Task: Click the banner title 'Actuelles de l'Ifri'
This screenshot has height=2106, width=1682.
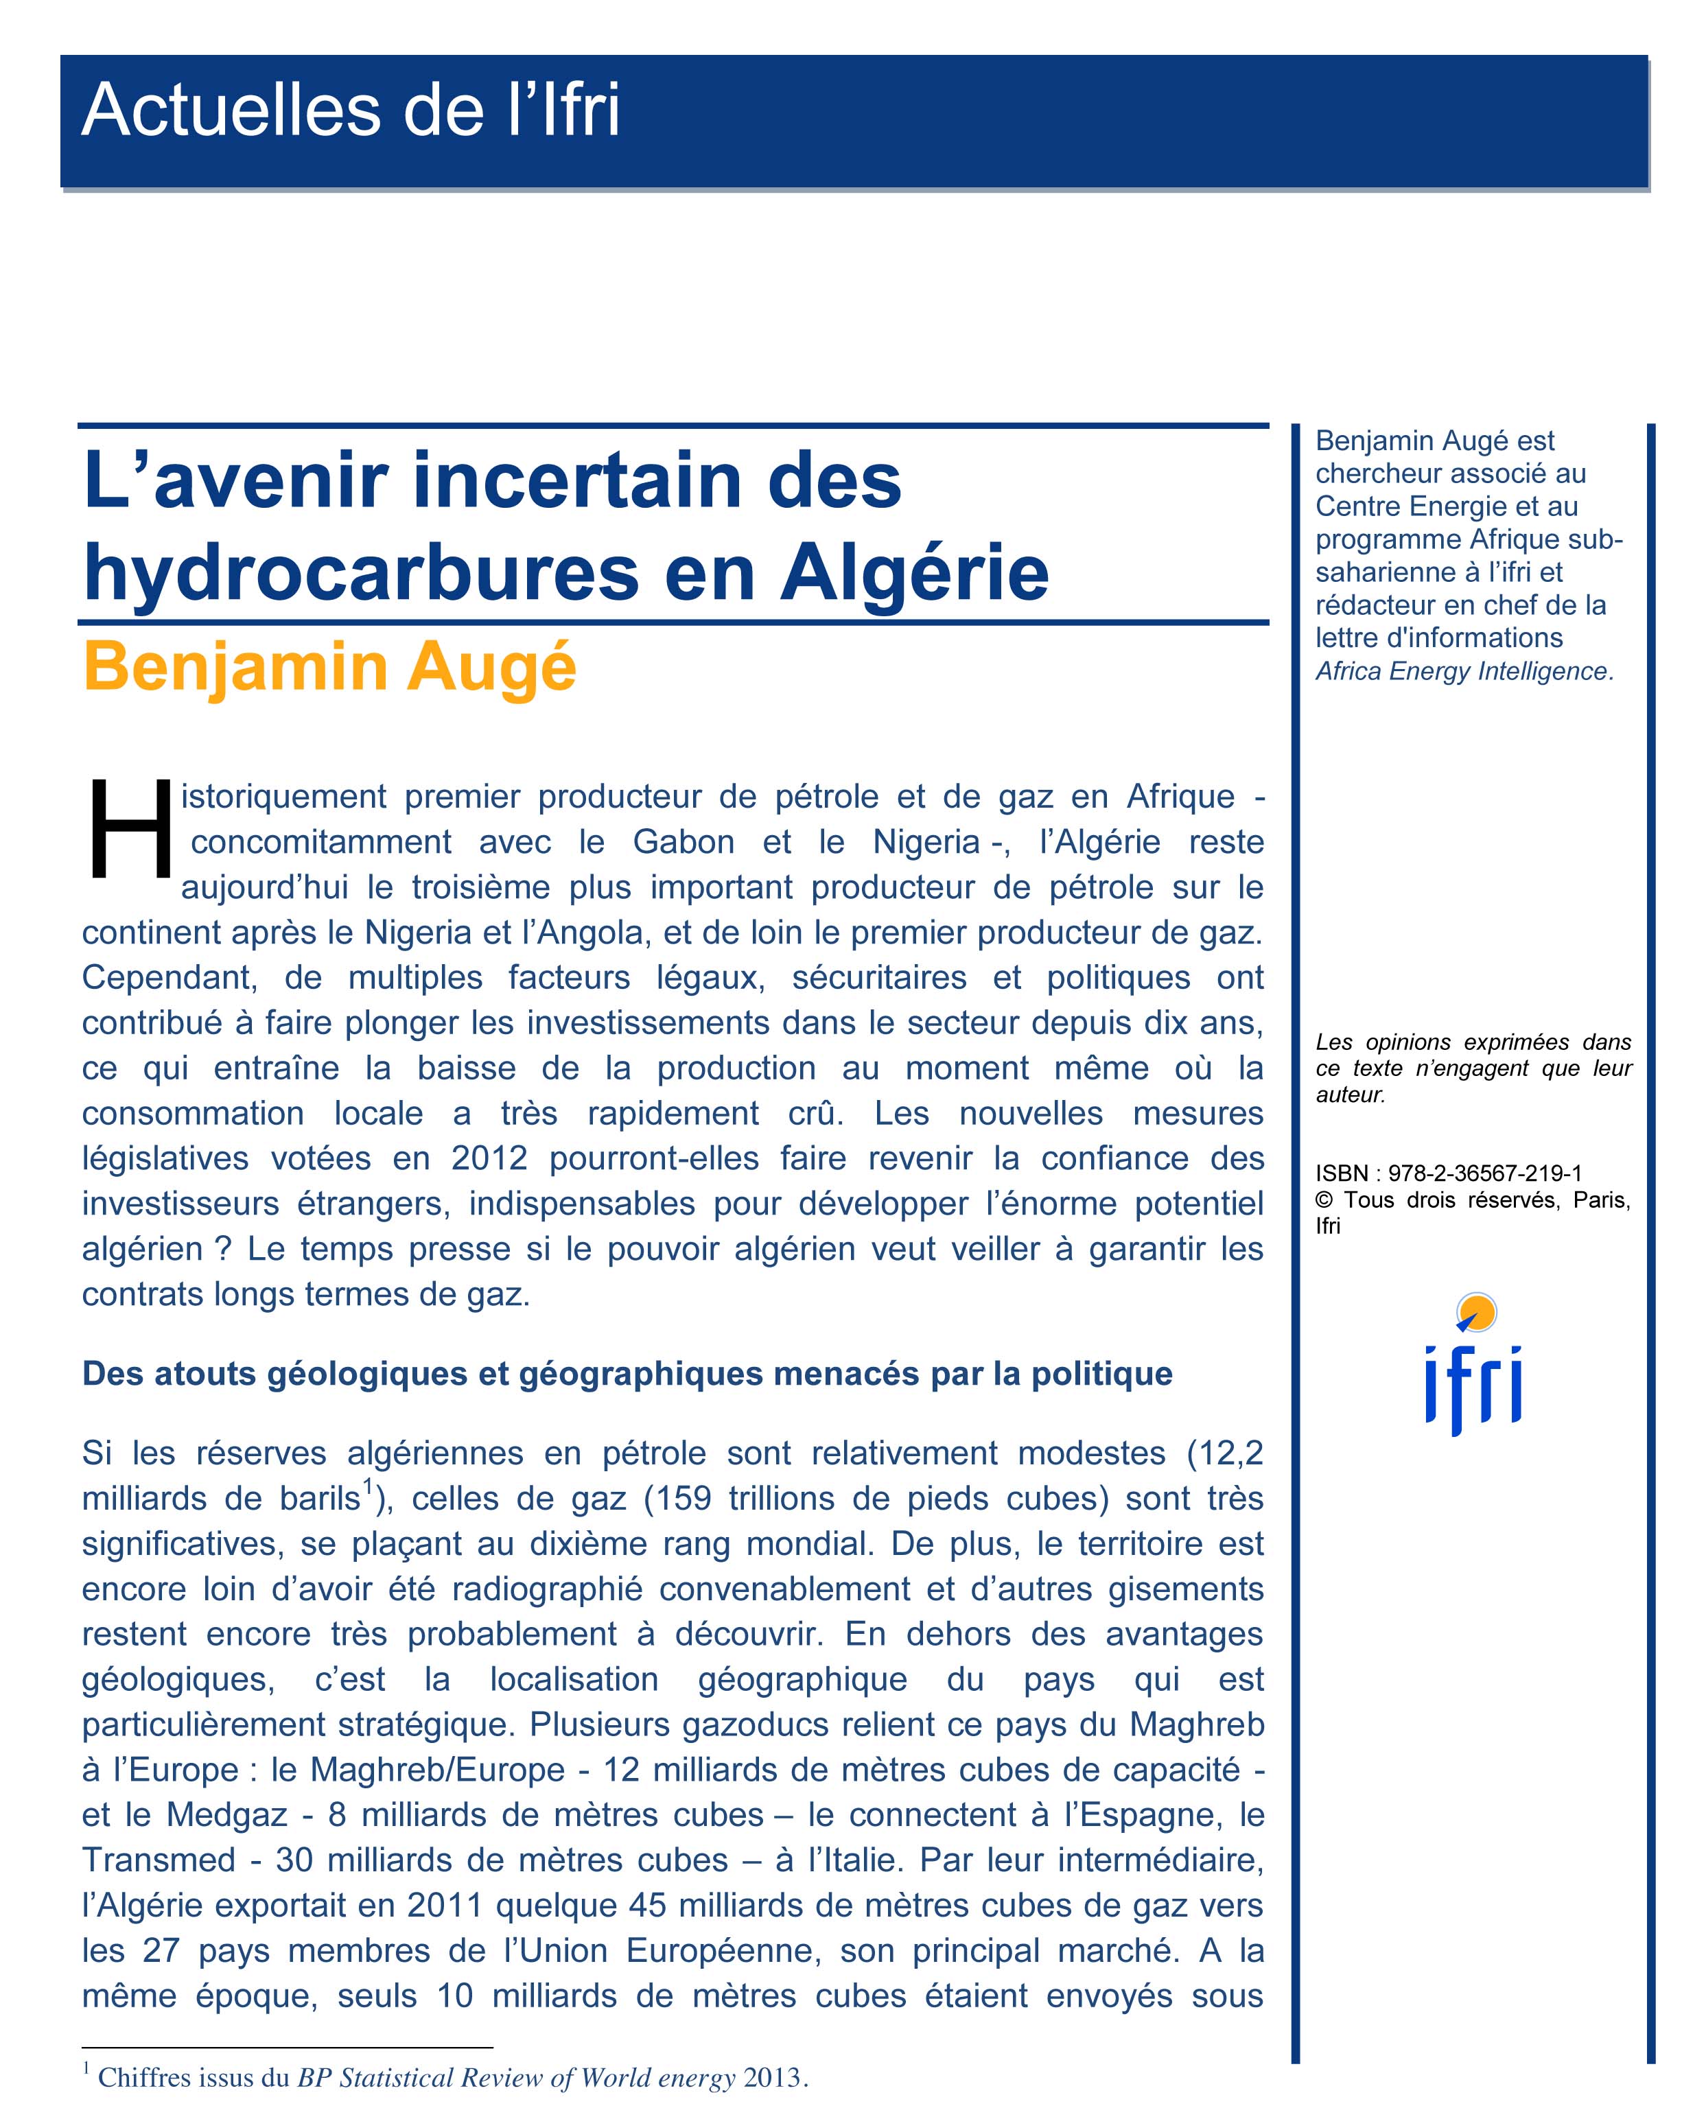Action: click(x=350, y=110)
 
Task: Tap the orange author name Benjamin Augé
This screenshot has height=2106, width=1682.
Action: click(x=329, y=667)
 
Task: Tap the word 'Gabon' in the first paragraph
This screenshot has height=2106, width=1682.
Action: click(x=683, y=842)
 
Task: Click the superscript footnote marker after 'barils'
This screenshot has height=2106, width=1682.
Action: click(x=369, y=1488)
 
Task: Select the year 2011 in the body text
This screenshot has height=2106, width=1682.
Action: click(x=445, y=1905)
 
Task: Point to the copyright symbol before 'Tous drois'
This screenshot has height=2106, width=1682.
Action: click(x=1324, y=1200)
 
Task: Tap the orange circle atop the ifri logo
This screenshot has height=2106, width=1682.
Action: click(x=1476, y=1312)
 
